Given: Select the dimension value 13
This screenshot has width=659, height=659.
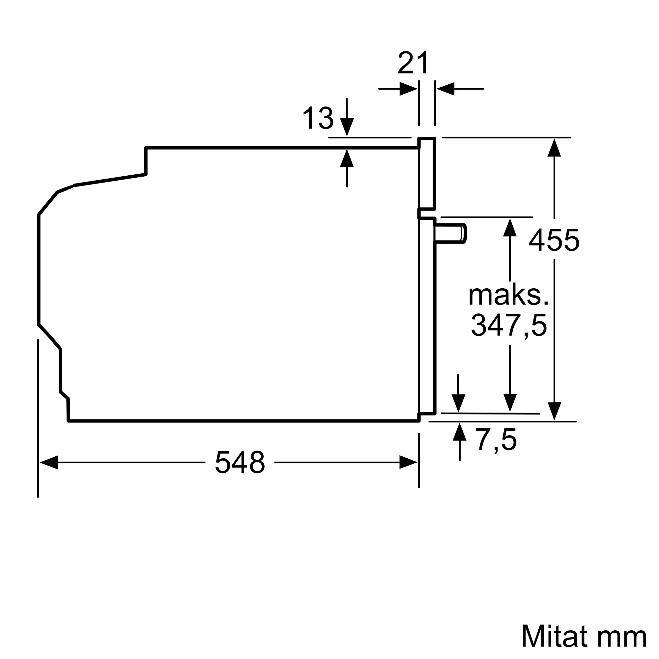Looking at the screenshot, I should [318, 118].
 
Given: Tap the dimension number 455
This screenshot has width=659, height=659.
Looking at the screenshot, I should [554, 241].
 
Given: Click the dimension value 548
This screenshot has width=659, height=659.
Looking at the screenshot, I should [240, 463].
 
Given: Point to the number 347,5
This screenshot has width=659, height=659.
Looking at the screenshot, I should [509, 326].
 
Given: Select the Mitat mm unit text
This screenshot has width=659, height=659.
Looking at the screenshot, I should [584, 637].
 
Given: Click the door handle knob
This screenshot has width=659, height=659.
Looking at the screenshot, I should [450, 234].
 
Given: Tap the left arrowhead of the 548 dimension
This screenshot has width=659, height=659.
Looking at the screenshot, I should [49, 462].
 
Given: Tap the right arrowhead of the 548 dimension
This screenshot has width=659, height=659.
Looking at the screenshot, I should [408, 462].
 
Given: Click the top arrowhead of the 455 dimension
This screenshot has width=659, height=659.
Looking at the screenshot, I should [554, 148].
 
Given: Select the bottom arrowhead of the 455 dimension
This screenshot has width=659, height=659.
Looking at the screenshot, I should [554, 411].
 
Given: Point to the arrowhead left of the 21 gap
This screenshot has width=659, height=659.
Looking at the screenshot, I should [408, 89].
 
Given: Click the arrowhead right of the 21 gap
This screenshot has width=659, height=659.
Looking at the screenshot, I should [445, 89].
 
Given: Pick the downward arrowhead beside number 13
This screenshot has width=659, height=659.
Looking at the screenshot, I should [347, 127].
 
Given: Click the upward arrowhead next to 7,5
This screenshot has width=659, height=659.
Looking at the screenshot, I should [459, 432].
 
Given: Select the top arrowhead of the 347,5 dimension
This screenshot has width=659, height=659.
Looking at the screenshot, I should [510, 227].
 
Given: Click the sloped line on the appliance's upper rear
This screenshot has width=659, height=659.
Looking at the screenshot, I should [110, 180].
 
